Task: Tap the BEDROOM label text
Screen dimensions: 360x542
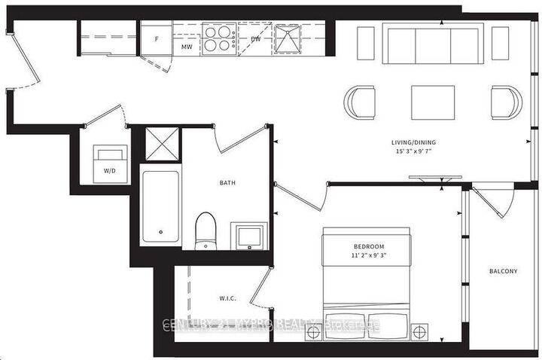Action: [369, 247]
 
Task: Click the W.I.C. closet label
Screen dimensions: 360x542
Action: [227, 298]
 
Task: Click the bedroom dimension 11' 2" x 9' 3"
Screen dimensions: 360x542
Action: [369, 258]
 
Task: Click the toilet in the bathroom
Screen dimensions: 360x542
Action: [205, 230]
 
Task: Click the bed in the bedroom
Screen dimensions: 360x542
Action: [369, 279]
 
